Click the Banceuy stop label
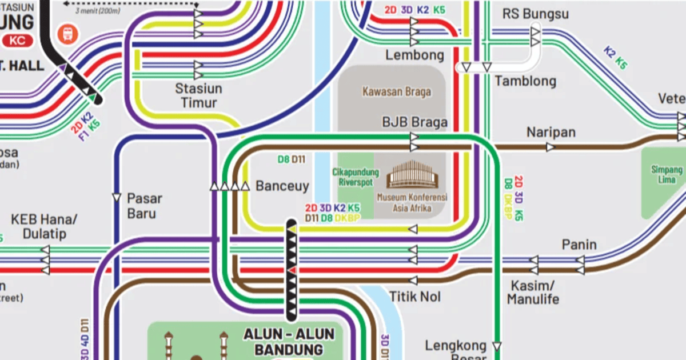[282, 186]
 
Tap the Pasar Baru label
[144, 206]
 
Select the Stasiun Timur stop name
[198, 96]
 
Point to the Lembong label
[414, 55]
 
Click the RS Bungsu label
[536, 14]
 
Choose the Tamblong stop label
[525, 81]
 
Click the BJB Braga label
[414, 123]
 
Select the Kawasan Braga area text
[396, 91]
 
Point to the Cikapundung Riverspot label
[355, 177]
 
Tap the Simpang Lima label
[667, 175]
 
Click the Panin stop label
[579, 245]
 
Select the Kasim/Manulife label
[533, 292]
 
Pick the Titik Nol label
[414, 297]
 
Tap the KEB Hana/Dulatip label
[43, 226]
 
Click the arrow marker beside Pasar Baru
[117, 198]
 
